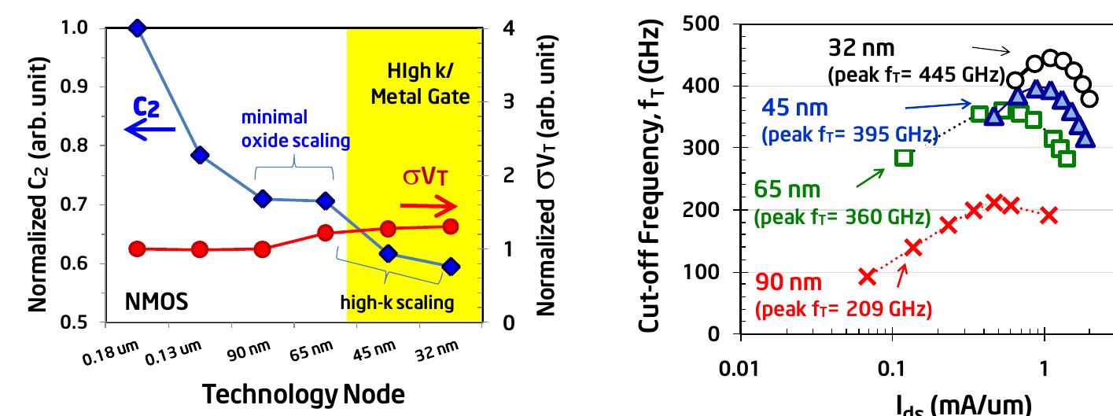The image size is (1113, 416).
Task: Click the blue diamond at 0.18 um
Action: (138, 28)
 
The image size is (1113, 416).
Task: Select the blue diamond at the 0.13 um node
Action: (200, 155)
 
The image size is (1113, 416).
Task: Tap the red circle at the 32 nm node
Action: (451, 226)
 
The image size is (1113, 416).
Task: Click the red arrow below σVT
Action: (428, 207)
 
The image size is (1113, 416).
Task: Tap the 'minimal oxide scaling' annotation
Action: (295, 133)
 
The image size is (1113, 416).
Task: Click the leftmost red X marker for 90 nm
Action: (867, 276)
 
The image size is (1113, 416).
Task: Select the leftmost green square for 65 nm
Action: (904, 157)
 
